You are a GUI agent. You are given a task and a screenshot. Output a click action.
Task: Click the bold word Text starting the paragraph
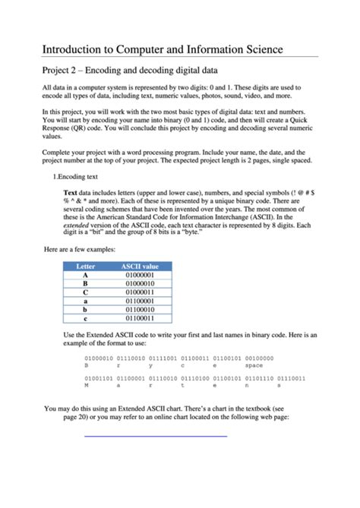(71, 192)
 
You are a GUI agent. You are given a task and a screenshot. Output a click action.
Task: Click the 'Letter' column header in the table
(86, 267)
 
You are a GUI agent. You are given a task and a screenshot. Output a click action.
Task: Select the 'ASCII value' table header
(140, 267)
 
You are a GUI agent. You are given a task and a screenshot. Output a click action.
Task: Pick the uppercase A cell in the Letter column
(86, 275)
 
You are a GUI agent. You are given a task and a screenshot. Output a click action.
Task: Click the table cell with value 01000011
(140, 292)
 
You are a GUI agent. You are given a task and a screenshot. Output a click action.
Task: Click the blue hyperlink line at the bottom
(155, 437)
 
